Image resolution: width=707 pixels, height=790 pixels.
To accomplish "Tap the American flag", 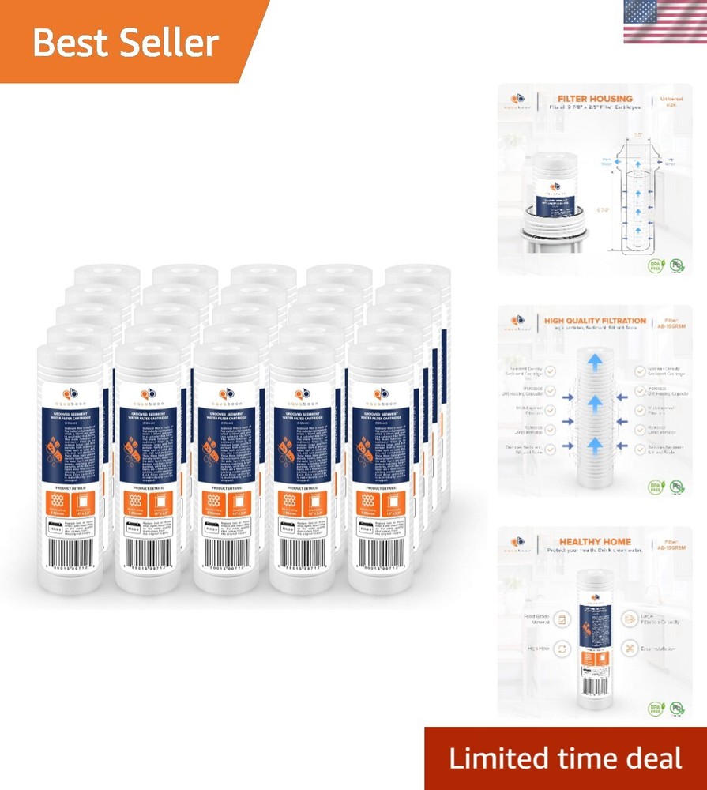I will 664,21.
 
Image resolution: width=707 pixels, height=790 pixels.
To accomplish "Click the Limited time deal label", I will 565,758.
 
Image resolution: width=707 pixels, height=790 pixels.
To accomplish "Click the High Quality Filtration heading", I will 594,322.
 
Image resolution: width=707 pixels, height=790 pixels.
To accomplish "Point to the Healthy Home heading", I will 585,543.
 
